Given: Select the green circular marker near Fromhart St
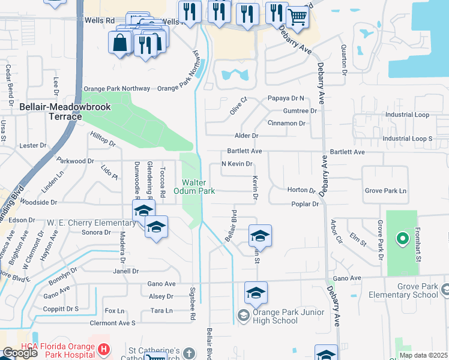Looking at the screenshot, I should (x=401, y=239).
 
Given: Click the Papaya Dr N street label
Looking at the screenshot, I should (x=286, y=98).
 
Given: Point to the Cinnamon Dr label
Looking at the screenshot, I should (x=286, y=123).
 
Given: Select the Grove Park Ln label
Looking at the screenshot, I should (x=385, y=191).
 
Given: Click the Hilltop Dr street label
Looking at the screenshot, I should (x=103, y=140).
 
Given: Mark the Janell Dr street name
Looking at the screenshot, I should (x=126, y=271).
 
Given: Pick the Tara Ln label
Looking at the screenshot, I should (x=161, y=310).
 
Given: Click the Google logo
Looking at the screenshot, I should (x=20, y=353).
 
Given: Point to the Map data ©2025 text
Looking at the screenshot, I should (x=424, y=355).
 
